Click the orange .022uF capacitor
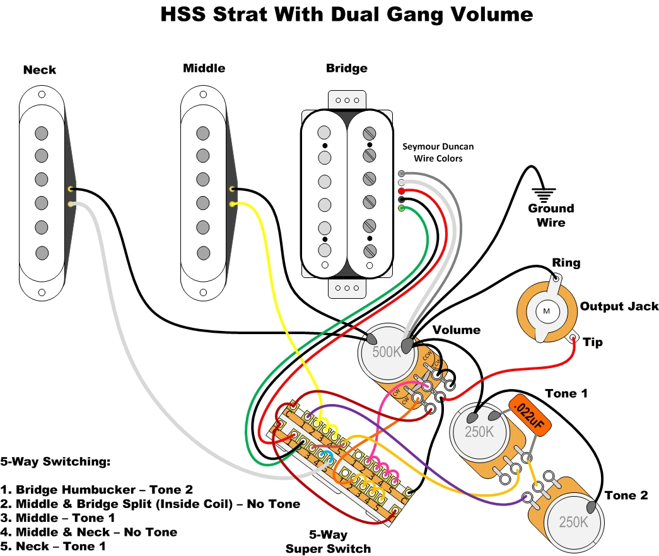pyautogui.click(x=529, y=417)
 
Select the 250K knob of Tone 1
pyautogui.click(x=479, y=432)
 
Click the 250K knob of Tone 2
pyautogui.click(x=573, y=523)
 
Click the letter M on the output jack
pyautogui.click(x=546, y=311)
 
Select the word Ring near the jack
pyautogui.click(x=566, y=263)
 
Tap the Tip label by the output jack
pyautogui.click(x=593, y=342)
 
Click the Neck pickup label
pyautogui.click(x=40, y=70)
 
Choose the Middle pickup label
pyautogui.click(x=204, y=68)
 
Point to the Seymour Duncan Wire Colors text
pyautogui.click(x=438, y=152)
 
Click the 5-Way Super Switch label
pyautogui.click(x=328, y=542)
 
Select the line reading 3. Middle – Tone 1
pyautogui.click(x=58, y=518)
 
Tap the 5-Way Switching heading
pyautogui.click(x=55, y=461)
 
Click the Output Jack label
pyautogui.click(x=619, y=306)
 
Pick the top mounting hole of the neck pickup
pyautogui.click(x=42, y=95)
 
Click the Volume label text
pyautogui.click(x=456, y=330)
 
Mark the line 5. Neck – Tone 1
pyautogui.click(x=53, y=546)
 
